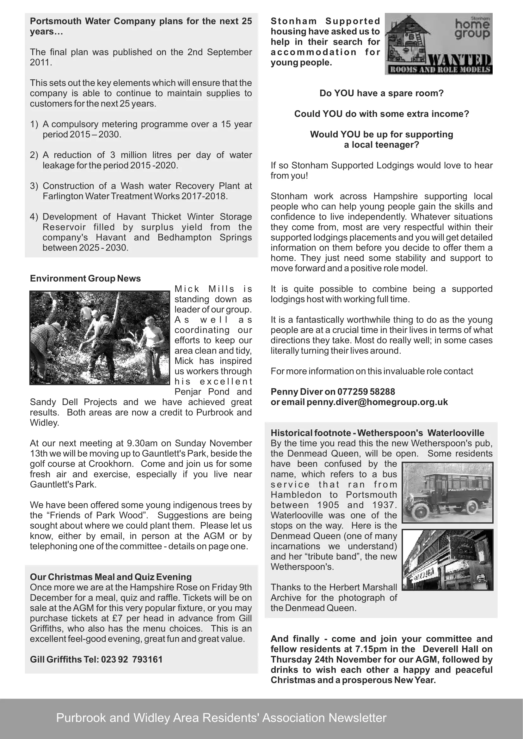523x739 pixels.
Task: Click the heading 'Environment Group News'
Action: click(x=85, y=278)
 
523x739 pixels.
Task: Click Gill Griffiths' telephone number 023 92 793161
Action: click(x=132, y=659)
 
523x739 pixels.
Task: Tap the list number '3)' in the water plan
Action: click(x=34, y=186)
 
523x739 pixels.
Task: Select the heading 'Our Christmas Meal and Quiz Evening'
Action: click(x=111, y=577)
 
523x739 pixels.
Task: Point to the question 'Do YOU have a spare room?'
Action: click(x=381, y=93)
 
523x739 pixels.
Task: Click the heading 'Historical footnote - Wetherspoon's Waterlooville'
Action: click(x=378, y=433)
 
